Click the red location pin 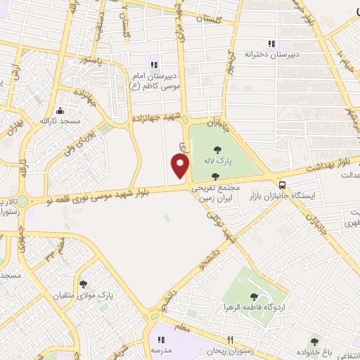click(x=181, y=167)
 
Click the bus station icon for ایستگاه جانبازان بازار click(x=282, y=181)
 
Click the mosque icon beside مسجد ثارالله click(x=60, y=110)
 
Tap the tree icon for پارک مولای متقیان click(x=84, y=284)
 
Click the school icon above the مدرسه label click(x=160, y=339)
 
